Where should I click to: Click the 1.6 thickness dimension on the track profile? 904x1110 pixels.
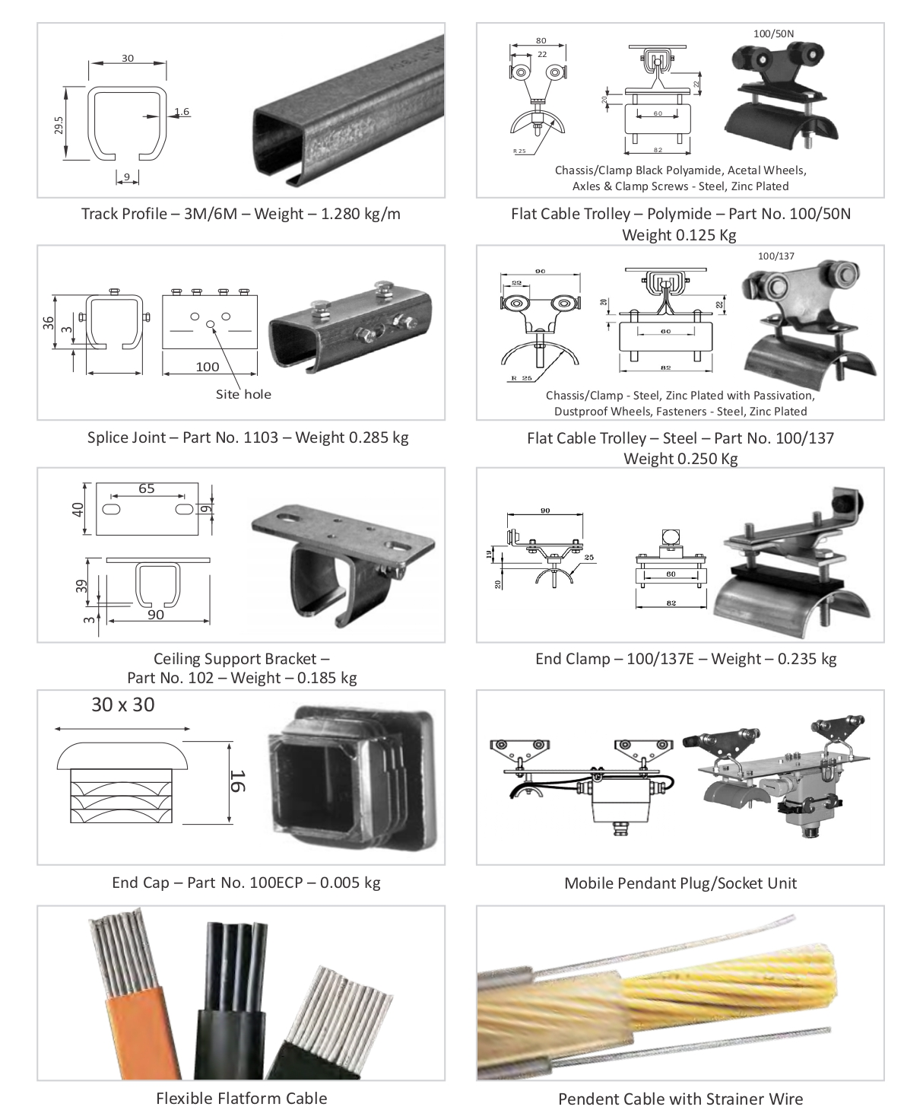[x=181, y=112]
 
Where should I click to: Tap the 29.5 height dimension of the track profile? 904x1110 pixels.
[x=59, y=124]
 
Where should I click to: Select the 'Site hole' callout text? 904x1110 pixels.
[x=243, y=394]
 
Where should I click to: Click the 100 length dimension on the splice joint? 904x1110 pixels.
[x=208, y=367]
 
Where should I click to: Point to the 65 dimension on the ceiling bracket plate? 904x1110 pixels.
[x=147, y=488]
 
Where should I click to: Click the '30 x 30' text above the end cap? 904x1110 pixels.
[x=122, y=704]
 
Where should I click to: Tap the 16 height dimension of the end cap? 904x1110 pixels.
[x=237, y=781]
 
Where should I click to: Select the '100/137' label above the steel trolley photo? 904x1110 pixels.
[x=776, y=256]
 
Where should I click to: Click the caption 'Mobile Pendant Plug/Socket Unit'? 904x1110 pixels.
[x=680, y=883]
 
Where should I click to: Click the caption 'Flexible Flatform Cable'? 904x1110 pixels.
[x=241, y=1098]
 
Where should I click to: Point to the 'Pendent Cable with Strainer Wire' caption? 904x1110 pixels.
[x=680, y=1099]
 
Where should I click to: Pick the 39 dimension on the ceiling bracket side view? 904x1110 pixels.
[x=82, y=587]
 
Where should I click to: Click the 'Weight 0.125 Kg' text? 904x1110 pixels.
[x=679, y=234]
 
